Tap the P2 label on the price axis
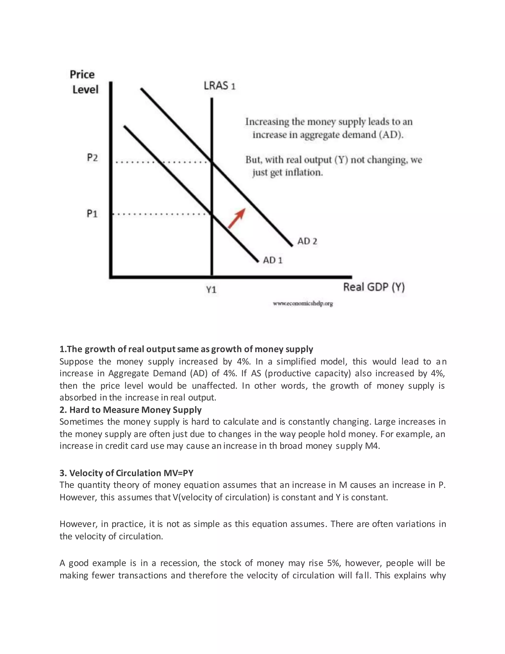pos(92,157)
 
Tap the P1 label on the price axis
pos(92,213)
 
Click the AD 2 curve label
pos(307,241)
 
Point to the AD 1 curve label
pos(272,260)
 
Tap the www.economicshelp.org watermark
pos(303,304)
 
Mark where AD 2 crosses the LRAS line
pos(212,162)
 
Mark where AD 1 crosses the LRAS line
pos(212,214)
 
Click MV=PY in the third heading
pos(178,473)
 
